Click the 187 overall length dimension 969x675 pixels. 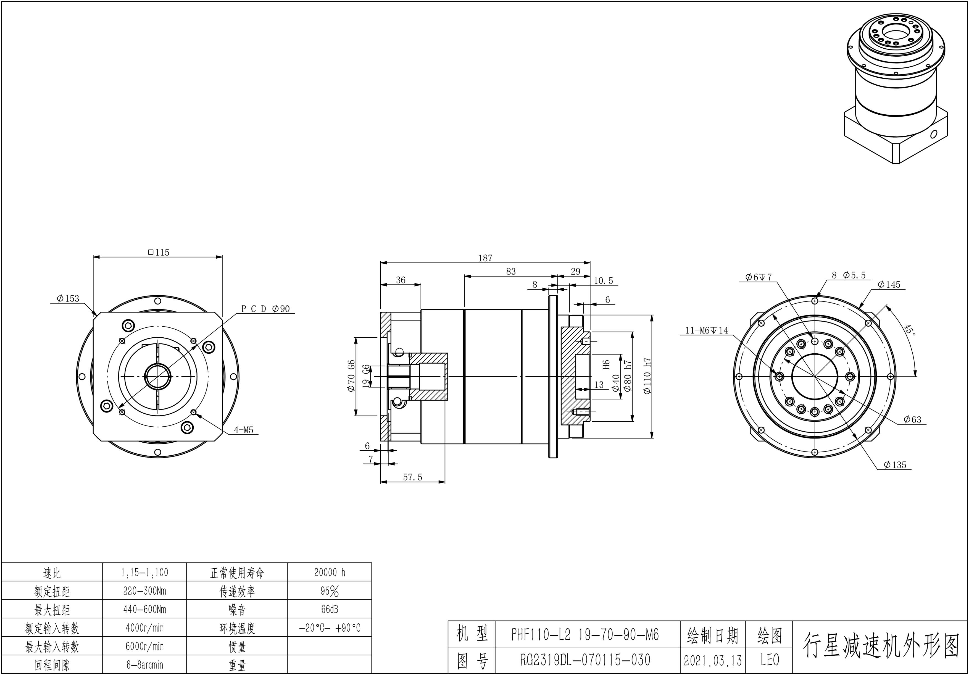[x=485, y=258]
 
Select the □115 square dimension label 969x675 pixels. [x=159, y=253]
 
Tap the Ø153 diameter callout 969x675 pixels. [x=69, y=298]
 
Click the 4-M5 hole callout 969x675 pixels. [x=244, y=430]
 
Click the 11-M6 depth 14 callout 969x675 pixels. [x=707, y=330]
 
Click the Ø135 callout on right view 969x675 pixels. [x=895, y=465]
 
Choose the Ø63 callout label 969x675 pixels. [x=912, y=420]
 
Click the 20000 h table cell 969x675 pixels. [x=330, y=572]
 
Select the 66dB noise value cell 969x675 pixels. [x=330, y=609]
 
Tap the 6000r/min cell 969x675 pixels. [x=144, y=646]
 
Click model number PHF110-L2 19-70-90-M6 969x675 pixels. [x=585, y=634]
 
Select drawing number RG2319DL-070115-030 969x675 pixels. [x=585, y=659]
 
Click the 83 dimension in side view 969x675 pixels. [x=511, y=271]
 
